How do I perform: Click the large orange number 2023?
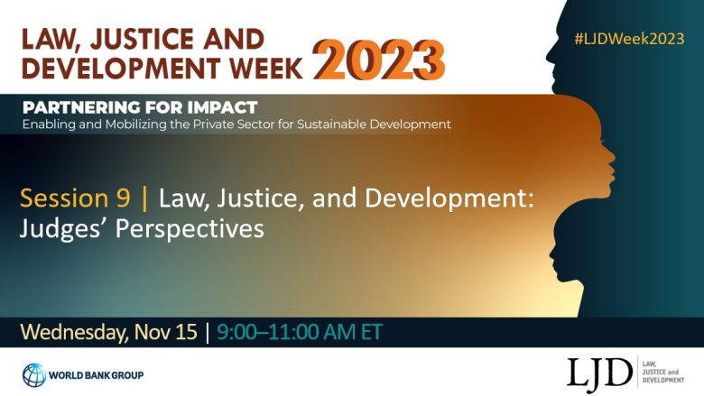[x=380, y=58]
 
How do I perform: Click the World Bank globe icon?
[x=33, y=374]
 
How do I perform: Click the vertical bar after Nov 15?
[x=207, y=332]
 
